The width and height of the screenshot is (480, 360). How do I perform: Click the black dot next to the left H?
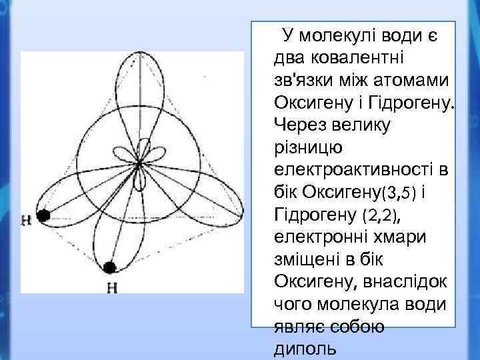(44, 215)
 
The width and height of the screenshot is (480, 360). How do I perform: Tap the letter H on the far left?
(26, 218)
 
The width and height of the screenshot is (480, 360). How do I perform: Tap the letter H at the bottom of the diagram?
(112, 288)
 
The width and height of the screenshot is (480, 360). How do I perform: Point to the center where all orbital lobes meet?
(139, 163)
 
